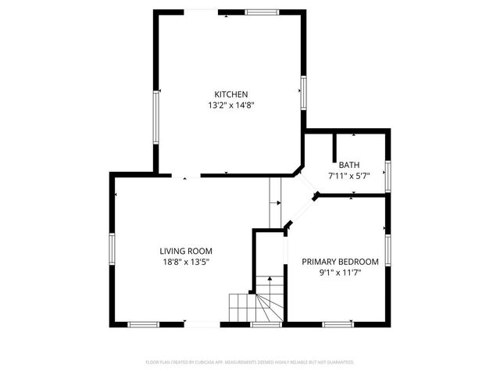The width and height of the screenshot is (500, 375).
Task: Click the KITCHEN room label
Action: (232, 94)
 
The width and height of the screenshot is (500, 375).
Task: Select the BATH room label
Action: (349, 165)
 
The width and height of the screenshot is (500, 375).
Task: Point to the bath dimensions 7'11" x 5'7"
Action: (349, 176)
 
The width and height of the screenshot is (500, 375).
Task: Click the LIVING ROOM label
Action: (185, 251)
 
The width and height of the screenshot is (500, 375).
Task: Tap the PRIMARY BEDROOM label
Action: (341, 261)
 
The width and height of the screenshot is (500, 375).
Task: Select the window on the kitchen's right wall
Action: (303, 91)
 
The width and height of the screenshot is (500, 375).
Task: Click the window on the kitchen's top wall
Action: (262, 12)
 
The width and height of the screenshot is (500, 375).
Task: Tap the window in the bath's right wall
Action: (387, 175)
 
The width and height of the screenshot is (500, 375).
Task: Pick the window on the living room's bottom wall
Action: (144, 323)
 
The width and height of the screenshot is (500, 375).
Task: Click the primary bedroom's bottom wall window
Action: (338, 323)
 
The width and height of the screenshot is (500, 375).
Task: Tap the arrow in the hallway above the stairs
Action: (276, 203)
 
